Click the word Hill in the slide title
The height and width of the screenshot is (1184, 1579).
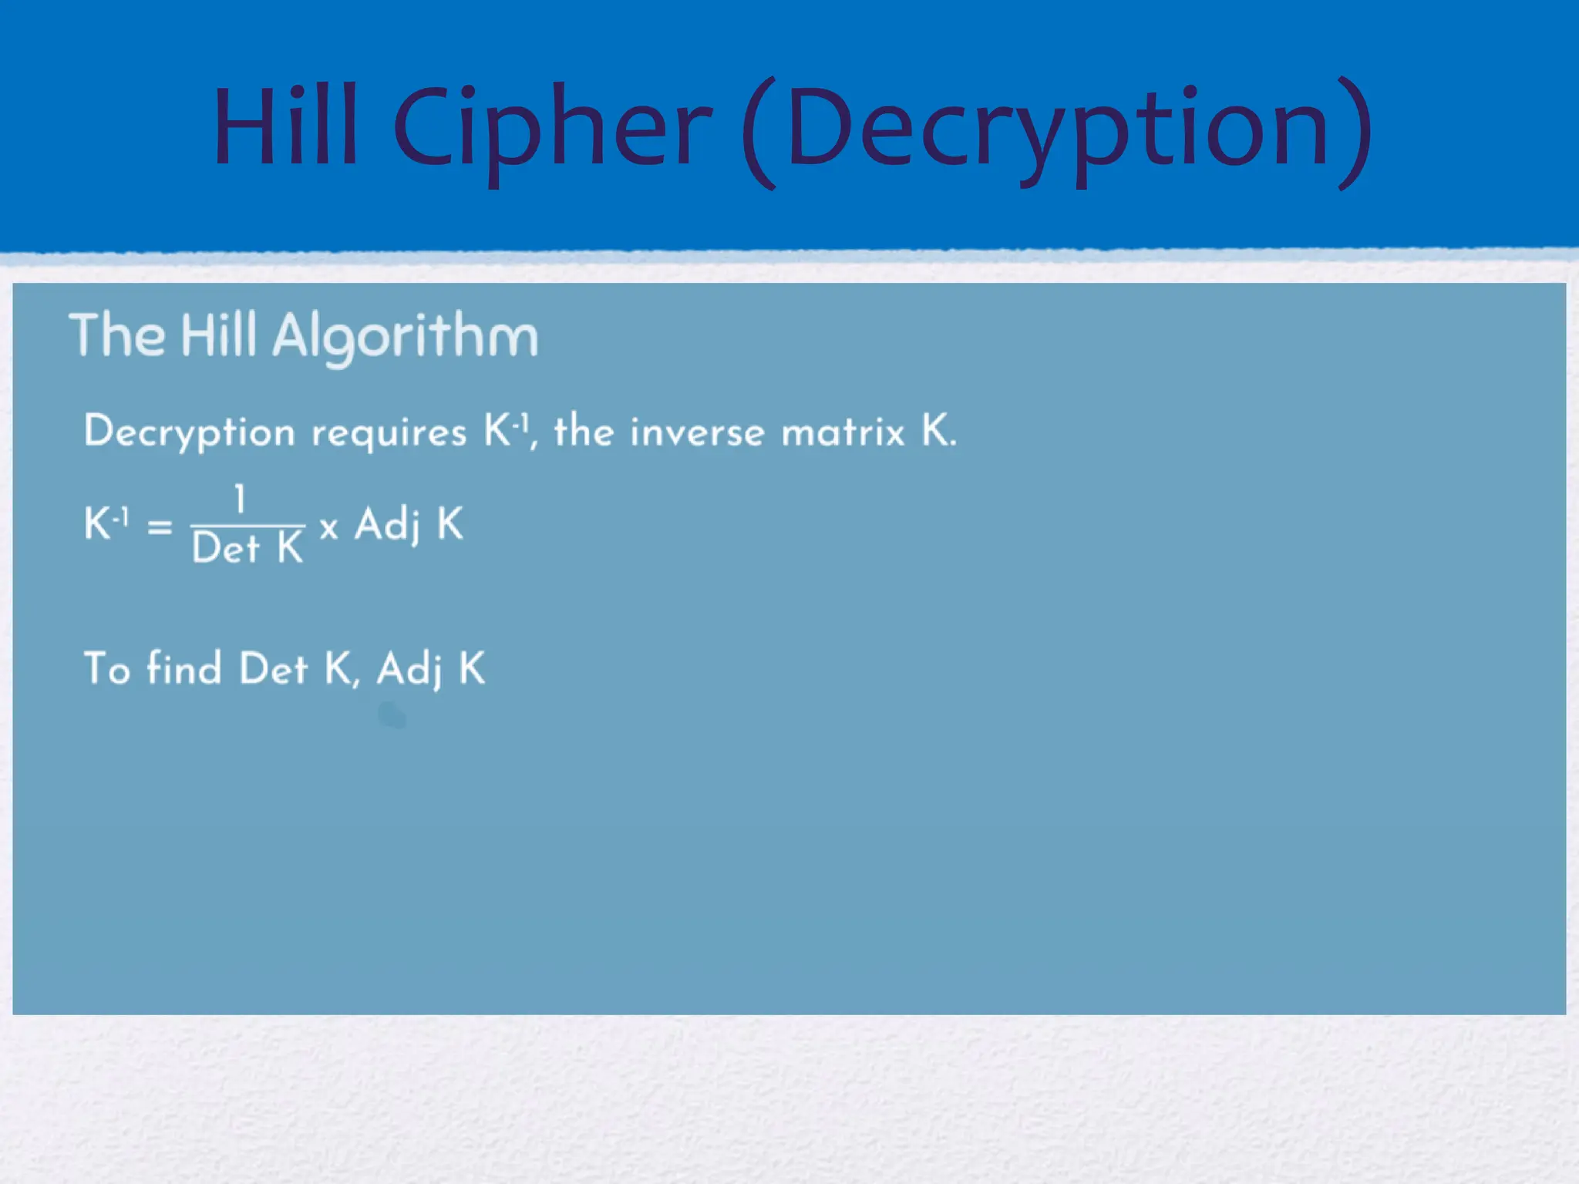coord(285,126)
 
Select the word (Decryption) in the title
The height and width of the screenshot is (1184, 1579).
coord(1056,131)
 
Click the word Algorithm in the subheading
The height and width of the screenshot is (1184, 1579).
coord(406,337)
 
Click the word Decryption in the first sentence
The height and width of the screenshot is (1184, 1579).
coord(190,432)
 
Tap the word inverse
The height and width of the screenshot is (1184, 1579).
coord(697,432)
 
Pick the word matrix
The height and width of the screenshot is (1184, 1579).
coord(843,432)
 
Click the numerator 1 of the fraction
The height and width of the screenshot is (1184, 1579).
coord(241,499)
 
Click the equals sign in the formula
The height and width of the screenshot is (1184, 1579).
coord(160,527)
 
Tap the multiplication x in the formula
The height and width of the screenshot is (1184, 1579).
coord(329,528)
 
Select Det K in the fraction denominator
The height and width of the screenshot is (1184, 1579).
coord(247,549)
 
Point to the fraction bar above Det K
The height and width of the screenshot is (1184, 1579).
coord(247,525)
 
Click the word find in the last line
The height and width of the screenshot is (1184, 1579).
coord(184,668)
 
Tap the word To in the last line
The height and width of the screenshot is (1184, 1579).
coord(107,668)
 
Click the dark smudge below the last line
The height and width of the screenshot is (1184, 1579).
coord(392,715)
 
